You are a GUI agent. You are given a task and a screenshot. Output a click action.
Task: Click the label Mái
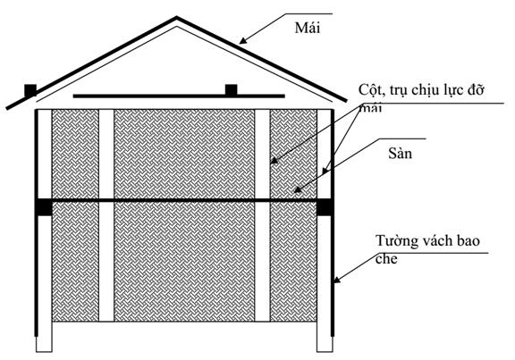pos(307,28)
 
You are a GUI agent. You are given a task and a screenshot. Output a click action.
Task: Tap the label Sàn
pos(400,154)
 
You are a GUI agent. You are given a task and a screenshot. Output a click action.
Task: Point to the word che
pos(386,259)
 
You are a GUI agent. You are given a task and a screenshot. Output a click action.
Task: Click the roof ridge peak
pos(177,17)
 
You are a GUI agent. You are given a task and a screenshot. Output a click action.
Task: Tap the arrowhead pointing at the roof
pos(243,41)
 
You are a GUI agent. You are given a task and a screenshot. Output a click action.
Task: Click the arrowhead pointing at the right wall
pos(337,280)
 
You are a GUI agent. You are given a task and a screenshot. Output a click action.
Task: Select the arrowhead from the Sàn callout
pos(298,189)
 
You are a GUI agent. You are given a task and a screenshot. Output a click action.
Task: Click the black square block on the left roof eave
pos(30,90)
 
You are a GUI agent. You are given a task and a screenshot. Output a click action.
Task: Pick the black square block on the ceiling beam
pos(232,90)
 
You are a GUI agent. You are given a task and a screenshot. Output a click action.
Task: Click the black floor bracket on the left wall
pos(44,208)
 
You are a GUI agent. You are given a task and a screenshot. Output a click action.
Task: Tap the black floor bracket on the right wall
pos(325,208)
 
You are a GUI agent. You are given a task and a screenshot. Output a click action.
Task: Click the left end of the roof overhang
pos(7,108)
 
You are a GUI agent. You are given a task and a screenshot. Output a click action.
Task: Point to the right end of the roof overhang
pos(346,100)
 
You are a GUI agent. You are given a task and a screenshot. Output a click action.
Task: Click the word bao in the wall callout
pos(468,241)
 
